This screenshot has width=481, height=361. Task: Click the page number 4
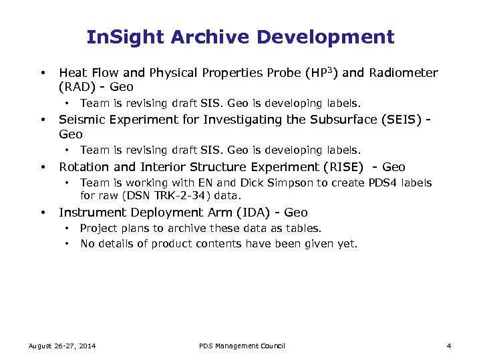(x=449, y=346)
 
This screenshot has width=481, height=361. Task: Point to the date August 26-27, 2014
(x=61, y=346)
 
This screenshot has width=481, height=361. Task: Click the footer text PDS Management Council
(x=242, y=346)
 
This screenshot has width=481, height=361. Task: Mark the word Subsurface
(x=325, y=120)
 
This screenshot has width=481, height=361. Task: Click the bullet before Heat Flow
(x=42, y=72)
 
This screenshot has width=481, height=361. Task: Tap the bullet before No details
(x=67, y=244)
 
